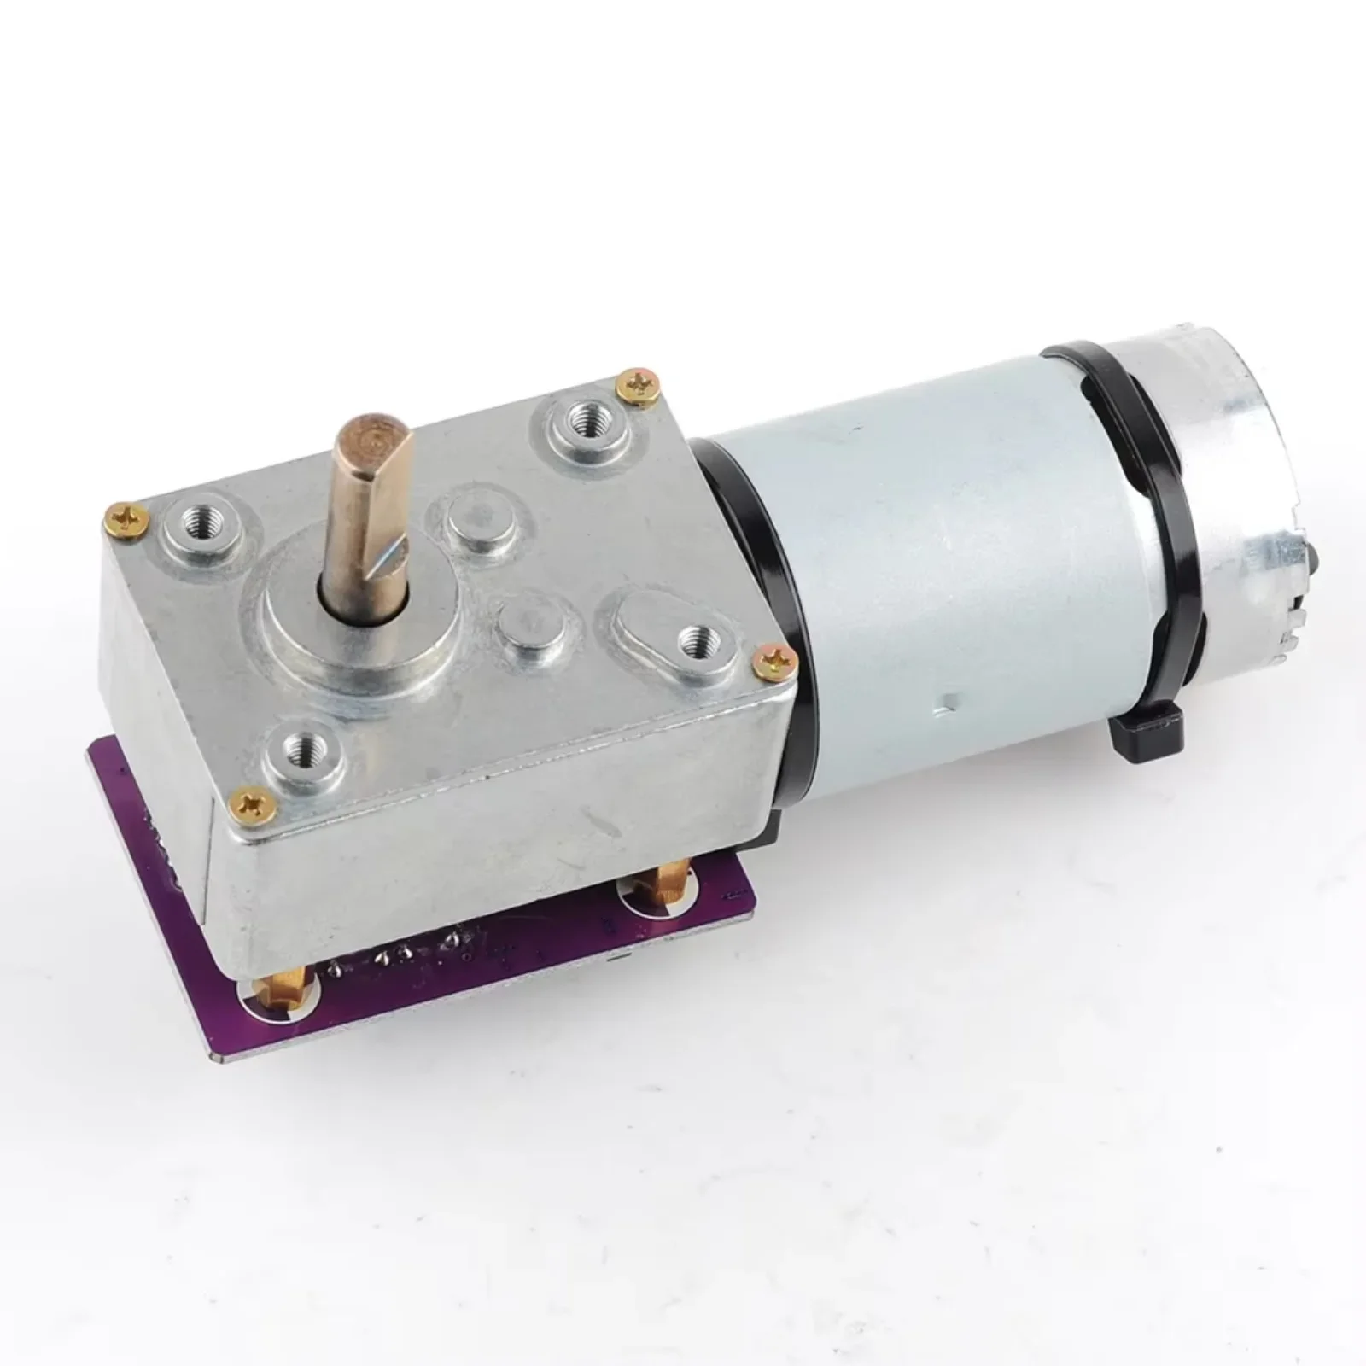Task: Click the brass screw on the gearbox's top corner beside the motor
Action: pos(639,385)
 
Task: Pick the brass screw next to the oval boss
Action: pos(774,656)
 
